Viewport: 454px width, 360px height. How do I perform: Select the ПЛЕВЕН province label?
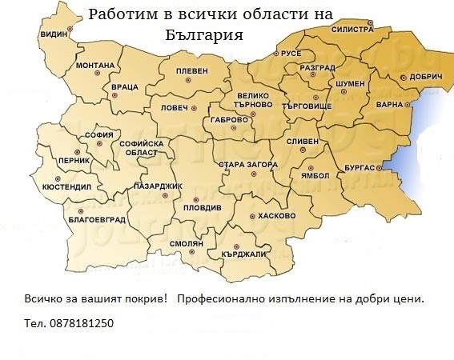[x=191, y=70]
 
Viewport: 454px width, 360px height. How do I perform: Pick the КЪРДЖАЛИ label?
[x=244, y=254]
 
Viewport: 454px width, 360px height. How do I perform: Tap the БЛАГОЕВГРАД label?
[x=97, y=218]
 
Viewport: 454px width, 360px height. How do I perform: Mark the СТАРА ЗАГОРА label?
[x=248, y=165]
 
